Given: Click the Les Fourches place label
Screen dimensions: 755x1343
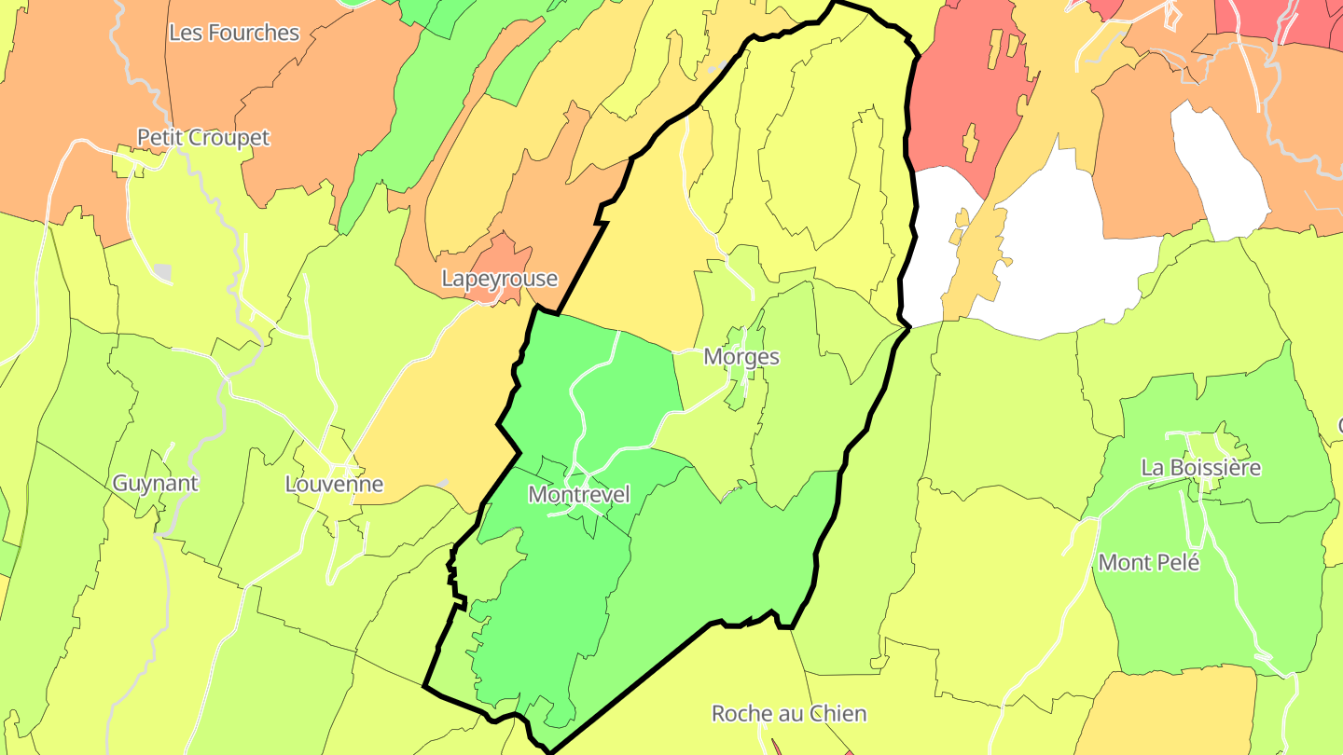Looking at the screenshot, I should pyautogui.click(x=234, y=33).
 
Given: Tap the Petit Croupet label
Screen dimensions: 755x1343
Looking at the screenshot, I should pyautogui.click(x=203, y=138).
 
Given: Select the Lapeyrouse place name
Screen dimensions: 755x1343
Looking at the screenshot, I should pyautogui.click(x=499, y=279).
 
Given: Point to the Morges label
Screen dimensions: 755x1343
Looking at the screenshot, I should pyautogui.click(x=741, y=357).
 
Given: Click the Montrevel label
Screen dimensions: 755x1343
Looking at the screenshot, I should pyautogui.click(x=579, y=495).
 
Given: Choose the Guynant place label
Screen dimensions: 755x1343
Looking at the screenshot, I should pyautogui.click(x=156, y=484).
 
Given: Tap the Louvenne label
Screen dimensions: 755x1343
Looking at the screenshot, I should pyautogui.click(x=334, y=485).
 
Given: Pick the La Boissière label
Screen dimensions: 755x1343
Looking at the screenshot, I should pyautogui.click(x=1201, y=468).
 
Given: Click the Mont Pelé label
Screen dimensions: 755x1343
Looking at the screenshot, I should pyautogui.click(x=1149, y=563).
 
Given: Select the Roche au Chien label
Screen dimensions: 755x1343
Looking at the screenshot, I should pyautogui.click(x=789, y=714).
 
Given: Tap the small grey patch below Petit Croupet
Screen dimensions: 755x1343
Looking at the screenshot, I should pyautogui.click(x=163, y=272).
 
